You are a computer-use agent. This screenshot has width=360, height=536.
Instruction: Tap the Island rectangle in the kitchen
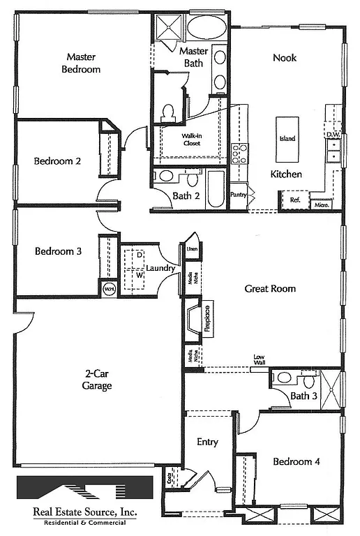[x=287, y=138]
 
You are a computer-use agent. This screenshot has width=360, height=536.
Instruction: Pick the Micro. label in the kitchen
[x=322, y=204]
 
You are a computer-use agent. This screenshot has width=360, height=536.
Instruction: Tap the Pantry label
[x=239, y=195]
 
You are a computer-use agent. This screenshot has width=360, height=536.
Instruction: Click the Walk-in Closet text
[x=191, y=140]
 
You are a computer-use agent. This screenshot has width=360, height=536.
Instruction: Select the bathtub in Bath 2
[x=215, y=189]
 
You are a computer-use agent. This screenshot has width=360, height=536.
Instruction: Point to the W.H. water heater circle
[x=109, y=288]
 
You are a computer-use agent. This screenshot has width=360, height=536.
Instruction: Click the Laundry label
[x=160, y=268]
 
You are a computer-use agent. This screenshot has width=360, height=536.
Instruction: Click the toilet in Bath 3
[x=308, y=380]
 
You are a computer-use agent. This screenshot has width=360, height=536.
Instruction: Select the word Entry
[x=207, y=442]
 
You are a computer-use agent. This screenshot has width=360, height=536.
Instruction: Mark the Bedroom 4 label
[x=297, y=461]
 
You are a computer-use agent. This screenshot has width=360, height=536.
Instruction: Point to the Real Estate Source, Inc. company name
[x=85, y=512]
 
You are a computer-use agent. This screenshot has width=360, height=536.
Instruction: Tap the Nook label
[x=284, y=57]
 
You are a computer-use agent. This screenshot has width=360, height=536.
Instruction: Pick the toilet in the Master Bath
[x=168, y=112]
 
